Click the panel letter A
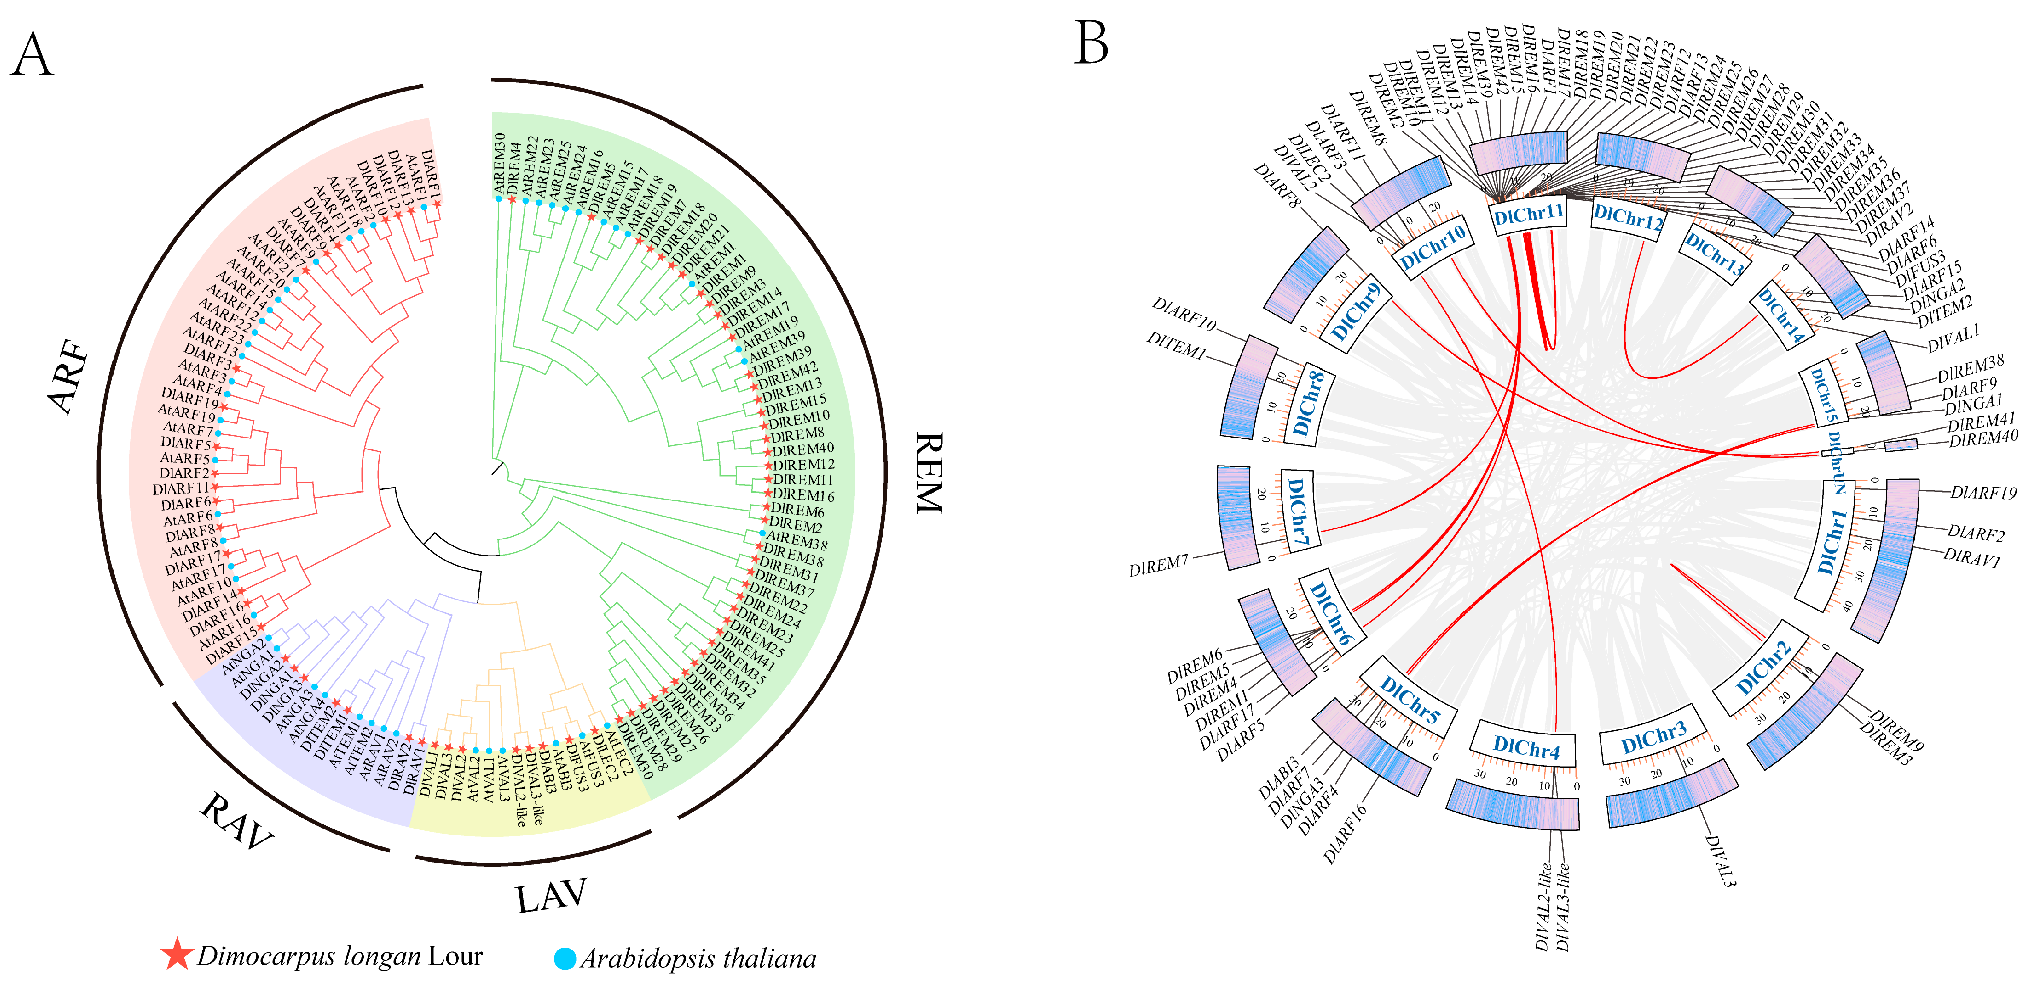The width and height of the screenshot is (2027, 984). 32,55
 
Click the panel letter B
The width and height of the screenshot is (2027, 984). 1091,43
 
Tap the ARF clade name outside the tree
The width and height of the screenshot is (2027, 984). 69,376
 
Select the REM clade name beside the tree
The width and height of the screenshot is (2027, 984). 929,472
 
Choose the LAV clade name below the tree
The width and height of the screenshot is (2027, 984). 551,895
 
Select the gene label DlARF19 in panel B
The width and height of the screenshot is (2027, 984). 1983,493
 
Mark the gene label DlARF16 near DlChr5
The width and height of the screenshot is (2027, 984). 1345,834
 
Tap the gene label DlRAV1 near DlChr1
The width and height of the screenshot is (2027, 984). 1971,558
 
